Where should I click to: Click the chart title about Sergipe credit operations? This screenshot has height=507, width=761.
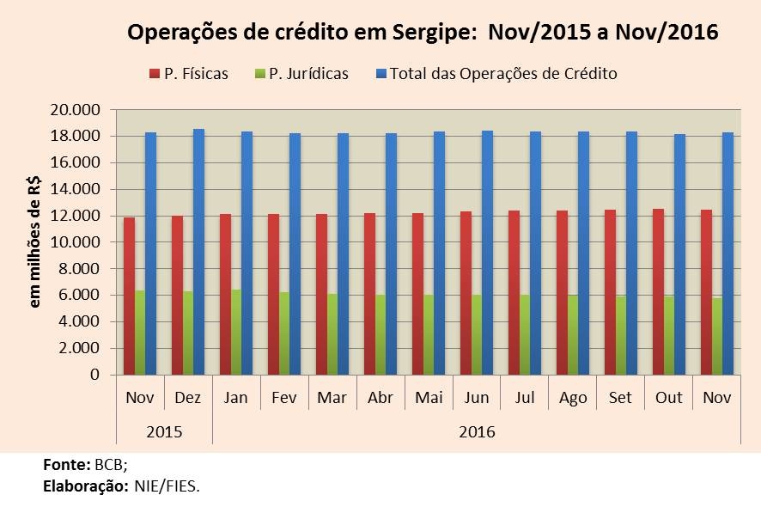(423, 33)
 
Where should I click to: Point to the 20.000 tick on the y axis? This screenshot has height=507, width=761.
(77, 110)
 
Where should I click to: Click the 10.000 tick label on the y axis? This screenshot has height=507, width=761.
(77, 242)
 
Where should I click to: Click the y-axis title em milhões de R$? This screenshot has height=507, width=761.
(36, 242)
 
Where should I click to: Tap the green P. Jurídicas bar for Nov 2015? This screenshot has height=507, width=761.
(140, 333)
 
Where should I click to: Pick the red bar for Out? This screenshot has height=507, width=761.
(658, 291)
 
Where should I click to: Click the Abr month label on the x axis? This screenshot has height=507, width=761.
(380, 399)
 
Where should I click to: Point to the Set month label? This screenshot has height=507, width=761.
(621, 399)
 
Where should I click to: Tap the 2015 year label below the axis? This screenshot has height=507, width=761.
(164, 431)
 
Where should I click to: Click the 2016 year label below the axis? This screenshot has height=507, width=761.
(477, 431)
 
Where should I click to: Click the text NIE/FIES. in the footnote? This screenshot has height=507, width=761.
(167, 486)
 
